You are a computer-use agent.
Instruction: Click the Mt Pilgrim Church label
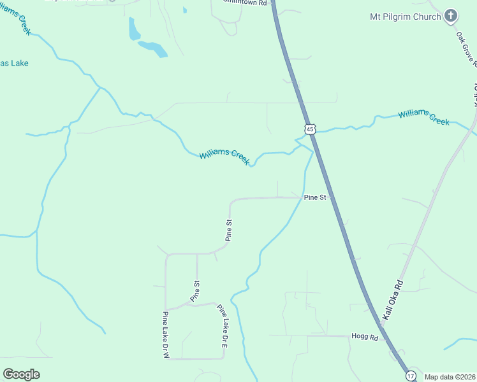click(406, 17)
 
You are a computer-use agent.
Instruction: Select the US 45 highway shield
click(309, 129)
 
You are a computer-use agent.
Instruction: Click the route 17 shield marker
click(411, 376)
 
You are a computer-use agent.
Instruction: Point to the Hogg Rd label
click(365, 336)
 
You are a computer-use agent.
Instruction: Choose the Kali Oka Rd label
click(393, 299)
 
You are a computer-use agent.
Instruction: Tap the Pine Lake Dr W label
click(165, 335)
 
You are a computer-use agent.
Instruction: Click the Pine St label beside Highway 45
click(315, 197)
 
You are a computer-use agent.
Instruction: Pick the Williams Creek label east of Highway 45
click(423, 117)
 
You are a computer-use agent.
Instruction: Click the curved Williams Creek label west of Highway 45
click(224, 157)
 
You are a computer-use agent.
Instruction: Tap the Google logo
click(21, 374)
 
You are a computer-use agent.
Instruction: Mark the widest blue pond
click(153, 48)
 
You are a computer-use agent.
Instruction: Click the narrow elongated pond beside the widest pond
click(134, 29)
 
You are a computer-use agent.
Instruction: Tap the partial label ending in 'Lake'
click(14, 64)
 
